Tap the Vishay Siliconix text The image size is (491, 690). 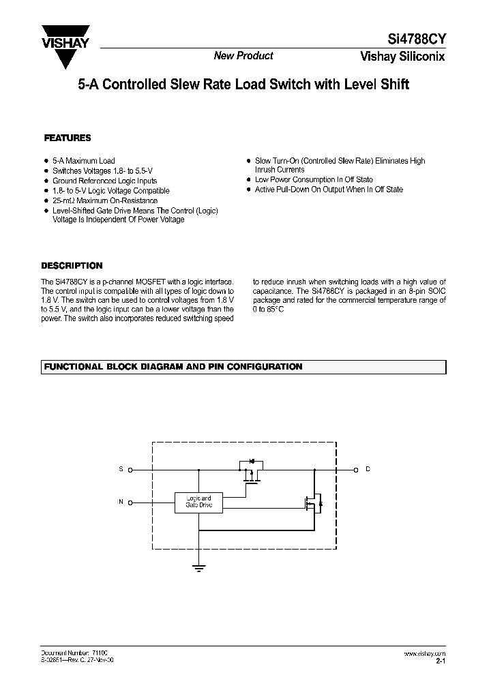403,57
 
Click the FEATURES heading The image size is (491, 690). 68,138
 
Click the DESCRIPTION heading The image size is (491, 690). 72,266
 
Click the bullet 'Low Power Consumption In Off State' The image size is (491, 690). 314,179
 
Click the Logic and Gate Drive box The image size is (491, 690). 198,502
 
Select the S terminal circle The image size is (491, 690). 131,470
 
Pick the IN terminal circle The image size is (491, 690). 131,502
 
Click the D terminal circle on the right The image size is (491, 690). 355,470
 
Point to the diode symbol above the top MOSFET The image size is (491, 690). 250,462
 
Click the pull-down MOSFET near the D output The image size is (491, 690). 313,503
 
